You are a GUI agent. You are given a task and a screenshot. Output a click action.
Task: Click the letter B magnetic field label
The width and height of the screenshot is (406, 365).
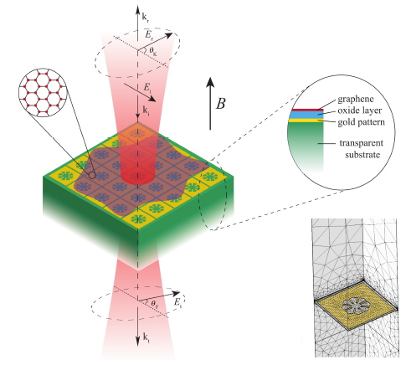221,104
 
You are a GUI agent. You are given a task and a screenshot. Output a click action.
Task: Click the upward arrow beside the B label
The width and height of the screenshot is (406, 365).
210,104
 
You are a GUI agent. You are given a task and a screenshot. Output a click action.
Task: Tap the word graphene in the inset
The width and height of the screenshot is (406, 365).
356,100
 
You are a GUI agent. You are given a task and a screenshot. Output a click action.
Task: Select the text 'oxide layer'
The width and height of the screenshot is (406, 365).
359,111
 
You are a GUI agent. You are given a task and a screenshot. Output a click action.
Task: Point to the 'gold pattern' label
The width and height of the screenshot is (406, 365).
361,122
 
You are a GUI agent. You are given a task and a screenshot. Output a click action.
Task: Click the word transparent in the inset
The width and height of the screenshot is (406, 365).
362,143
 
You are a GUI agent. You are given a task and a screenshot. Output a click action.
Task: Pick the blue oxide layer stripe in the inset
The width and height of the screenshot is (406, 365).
306,115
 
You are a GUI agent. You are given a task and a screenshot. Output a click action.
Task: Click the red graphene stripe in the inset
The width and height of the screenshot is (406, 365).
306,110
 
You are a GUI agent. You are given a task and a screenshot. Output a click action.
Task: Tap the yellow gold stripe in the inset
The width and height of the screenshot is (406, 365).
306,121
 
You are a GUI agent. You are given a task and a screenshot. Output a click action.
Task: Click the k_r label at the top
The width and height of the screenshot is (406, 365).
145,18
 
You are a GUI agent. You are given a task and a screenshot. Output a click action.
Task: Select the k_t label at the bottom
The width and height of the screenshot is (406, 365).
146,337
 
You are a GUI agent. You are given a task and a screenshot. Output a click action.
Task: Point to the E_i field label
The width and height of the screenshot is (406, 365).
147,88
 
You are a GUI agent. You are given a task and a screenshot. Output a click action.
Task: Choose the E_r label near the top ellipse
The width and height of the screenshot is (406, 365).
149,35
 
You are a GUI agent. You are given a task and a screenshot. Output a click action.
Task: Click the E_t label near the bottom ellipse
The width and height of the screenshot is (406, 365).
177,302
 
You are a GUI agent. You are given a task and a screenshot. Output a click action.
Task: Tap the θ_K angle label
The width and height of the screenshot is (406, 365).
153,51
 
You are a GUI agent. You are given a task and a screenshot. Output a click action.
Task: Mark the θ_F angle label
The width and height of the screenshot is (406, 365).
155,304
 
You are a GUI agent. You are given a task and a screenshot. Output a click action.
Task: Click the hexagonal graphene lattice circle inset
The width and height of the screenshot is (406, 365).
43,93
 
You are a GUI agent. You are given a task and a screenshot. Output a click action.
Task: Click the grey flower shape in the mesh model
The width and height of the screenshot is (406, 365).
354,305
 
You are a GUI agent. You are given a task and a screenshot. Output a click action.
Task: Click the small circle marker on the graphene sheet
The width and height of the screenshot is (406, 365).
92,176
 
